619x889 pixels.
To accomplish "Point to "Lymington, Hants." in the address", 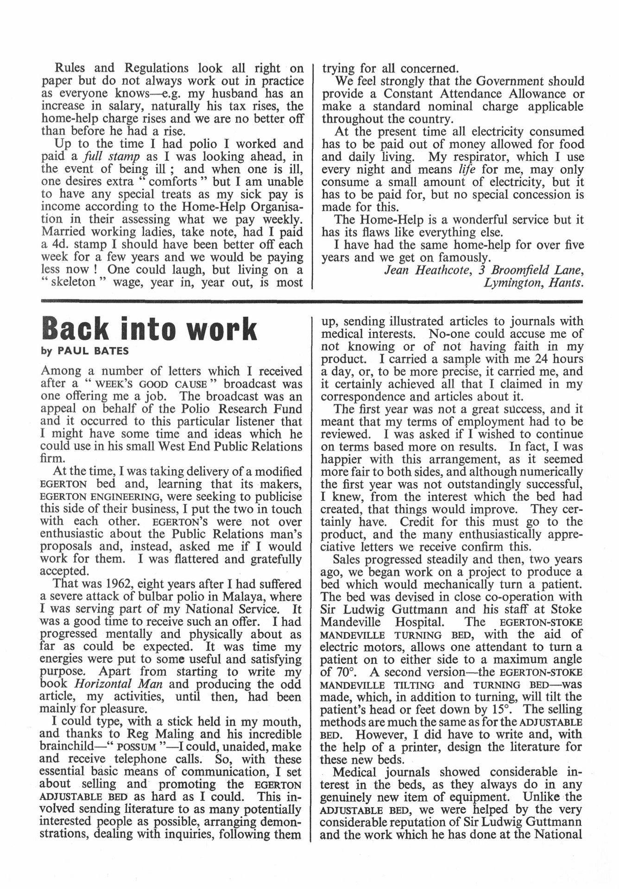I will (533, 282).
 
